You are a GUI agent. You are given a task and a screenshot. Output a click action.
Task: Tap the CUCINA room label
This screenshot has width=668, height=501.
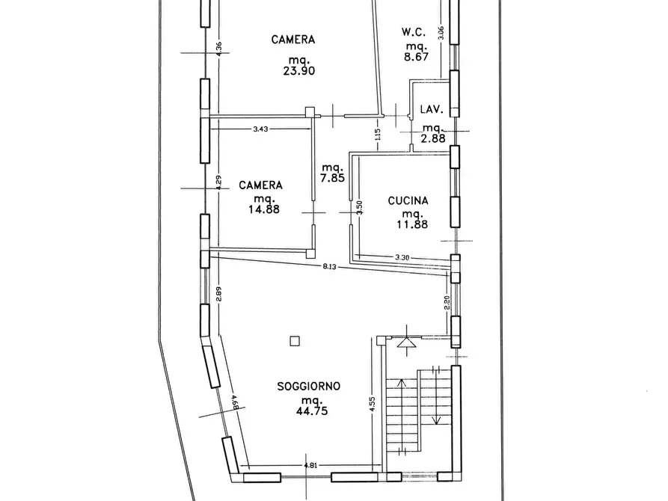(408, 200)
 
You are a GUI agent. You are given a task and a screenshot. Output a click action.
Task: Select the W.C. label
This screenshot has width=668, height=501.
(413, 32)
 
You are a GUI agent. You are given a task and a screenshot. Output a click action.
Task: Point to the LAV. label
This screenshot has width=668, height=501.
(432, 109)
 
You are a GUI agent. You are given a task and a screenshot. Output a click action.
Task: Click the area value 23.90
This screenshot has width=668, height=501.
(292, 71)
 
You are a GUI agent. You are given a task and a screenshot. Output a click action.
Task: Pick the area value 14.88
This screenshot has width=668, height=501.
(261, 210)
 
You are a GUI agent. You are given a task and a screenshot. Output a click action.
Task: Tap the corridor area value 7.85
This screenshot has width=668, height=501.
(332, 178)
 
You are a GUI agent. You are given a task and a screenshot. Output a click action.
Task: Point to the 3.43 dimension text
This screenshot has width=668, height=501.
(261, 129)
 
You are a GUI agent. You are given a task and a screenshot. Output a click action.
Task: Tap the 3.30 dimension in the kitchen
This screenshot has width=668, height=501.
(402, 258)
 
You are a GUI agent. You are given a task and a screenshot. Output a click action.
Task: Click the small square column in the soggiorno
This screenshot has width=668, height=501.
(295, 341)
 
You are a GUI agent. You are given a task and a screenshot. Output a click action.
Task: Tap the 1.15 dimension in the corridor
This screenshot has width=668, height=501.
(378, 135)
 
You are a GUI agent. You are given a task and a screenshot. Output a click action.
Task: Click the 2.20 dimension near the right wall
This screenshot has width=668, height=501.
(447, 303)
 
